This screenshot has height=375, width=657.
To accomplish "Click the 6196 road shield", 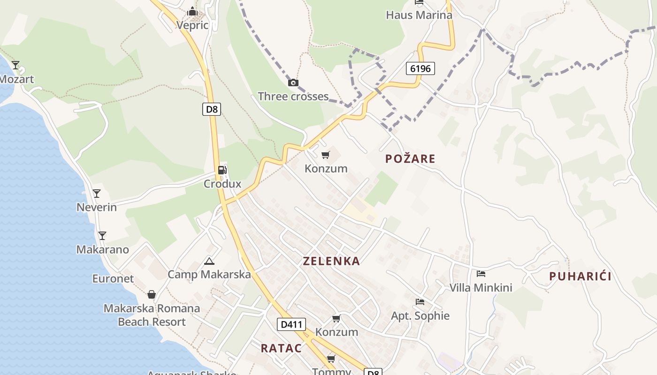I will (x=420, y=68).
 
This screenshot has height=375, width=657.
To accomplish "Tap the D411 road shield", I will (x=291, y=324).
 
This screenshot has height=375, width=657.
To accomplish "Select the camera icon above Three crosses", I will (x=293, y=83).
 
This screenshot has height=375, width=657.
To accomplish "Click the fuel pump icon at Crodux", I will (x=222, y=170).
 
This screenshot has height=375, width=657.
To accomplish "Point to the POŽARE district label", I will (x=410, y=159).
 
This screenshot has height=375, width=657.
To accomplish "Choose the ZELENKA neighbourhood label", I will (x=331, y=261).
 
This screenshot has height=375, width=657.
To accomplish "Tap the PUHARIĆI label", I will (x=580, y=276).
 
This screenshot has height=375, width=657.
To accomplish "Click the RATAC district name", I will (x=281, y=348).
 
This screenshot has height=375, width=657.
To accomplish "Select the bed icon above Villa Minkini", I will (x=481, y=274).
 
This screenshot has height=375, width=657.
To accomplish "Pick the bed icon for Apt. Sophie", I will (x=420, y=302).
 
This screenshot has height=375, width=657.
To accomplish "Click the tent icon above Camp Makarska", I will (x=209, y=261).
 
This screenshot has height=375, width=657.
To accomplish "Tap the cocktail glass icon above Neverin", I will (x=97, y=193).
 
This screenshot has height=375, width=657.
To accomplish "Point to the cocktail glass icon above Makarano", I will (x=102, y=235).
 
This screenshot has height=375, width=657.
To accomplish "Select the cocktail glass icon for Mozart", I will (x=15, y=65).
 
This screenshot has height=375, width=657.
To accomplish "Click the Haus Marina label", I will (x=419, y=15).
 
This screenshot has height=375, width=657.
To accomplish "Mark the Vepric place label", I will (x=192, y=25).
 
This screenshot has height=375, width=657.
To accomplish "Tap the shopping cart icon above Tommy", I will (x=331, y=359).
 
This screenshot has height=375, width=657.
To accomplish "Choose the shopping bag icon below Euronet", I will (x=152, y=294).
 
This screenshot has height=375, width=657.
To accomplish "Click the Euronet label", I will (x=113, y=278).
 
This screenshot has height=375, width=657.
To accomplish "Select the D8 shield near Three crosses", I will (x=212, y=110).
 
